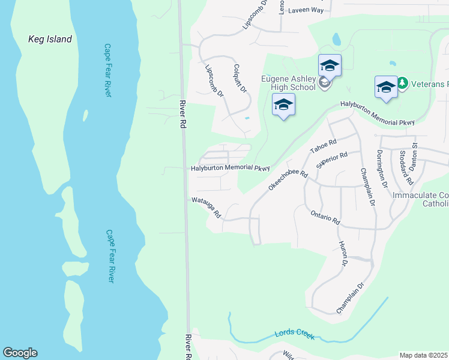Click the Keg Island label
pos(50,40)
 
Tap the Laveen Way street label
pos(306,10)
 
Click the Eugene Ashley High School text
pos(288,83)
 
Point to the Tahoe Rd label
pos(324,147)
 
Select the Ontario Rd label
pos(325,217)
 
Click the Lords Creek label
pos(294,335)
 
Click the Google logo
pos(20,353)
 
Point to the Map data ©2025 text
pos(423,355)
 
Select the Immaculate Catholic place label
pos(420,200)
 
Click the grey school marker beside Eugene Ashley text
pos(325,83)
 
